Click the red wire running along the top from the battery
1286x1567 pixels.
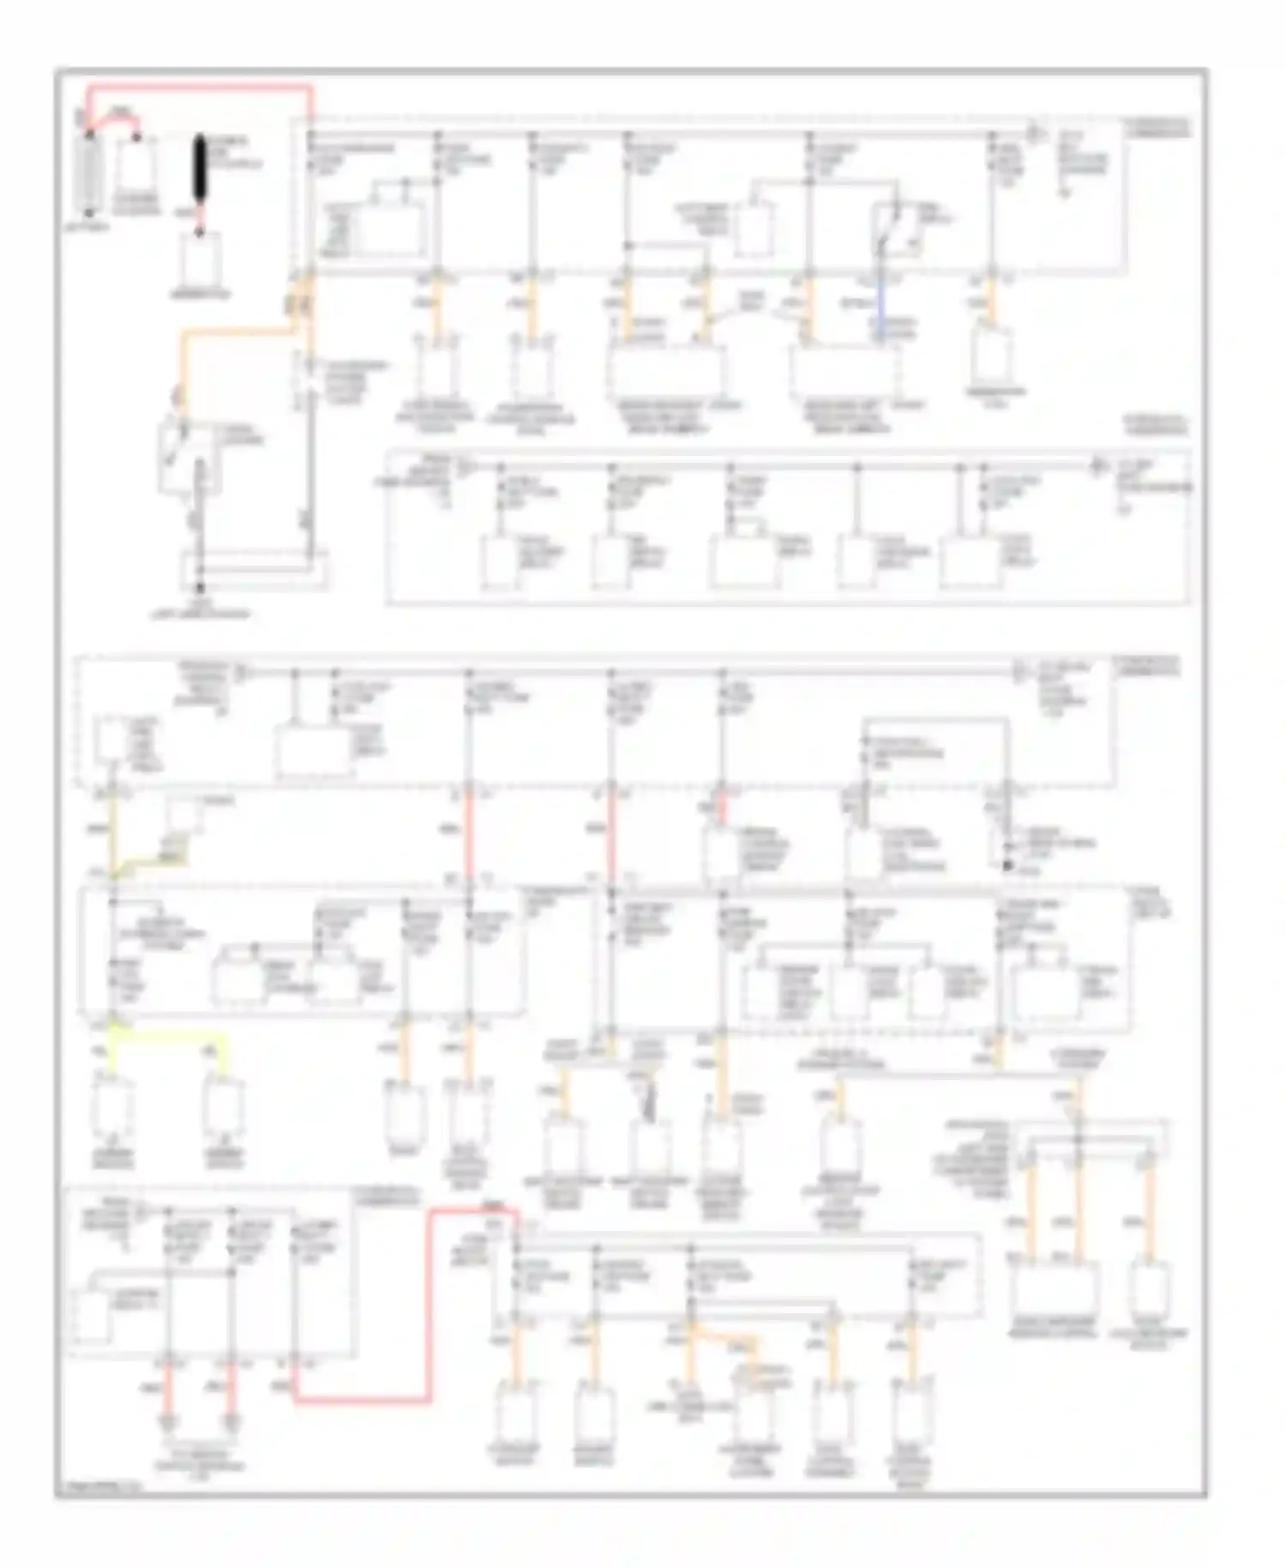pos(197,87)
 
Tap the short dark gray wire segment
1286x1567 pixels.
pos(649,1101)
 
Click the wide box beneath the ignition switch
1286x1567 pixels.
pos(254,570)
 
